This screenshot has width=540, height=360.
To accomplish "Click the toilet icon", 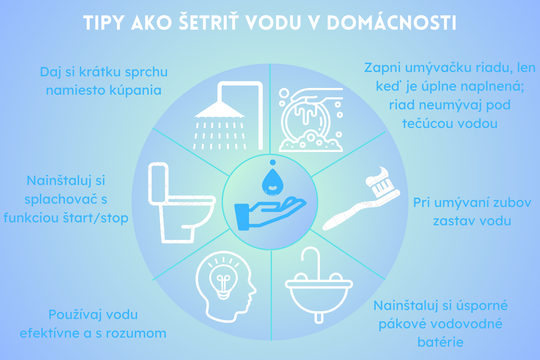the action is (182, 203).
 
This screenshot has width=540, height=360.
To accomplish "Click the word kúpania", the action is (135, 90).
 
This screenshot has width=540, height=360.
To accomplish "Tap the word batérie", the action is (440, 342).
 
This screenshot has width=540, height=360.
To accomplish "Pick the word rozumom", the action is (136, 333).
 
